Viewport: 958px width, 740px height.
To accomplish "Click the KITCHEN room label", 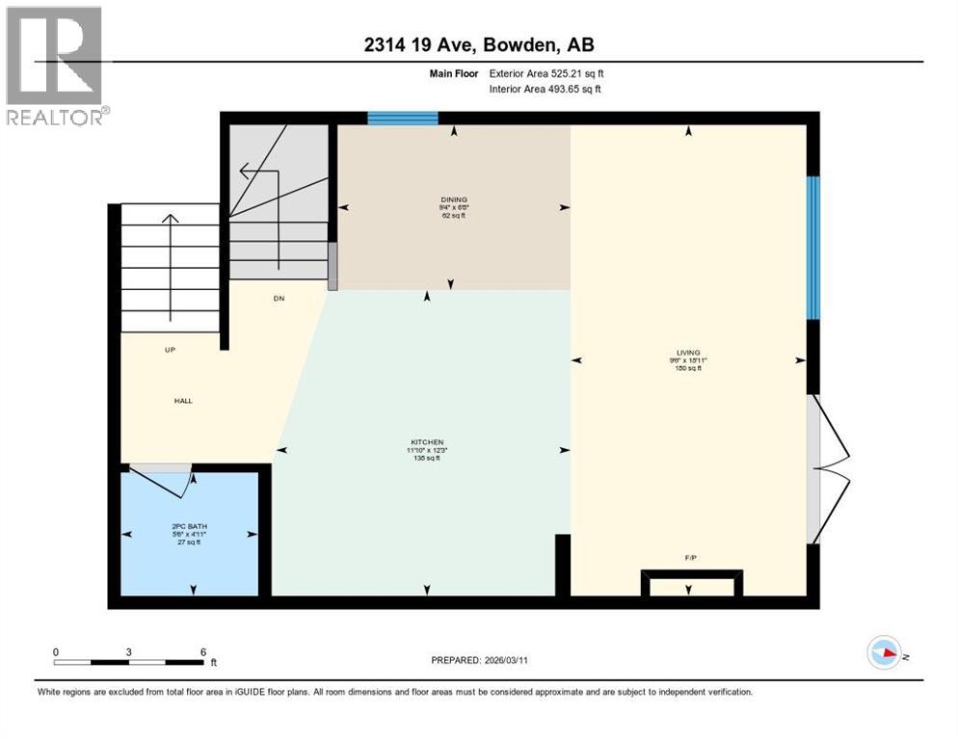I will (x=424, y=442).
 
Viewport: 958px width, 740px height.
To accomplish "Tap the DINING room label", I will (x=453, y=199).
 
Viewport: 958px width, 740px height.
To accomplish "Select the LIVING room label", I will (x=687, y=353).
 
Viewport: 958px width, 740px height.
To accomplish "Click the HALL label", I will (x=183, y=401).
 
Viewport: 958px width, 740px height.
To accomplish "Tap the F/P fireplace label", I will (x=688, y=558).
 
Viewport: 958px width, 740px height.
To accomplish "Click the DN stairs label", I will (x=279, y=299).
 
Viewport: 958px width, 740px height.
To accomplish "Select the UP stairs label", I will (x=170, y=350).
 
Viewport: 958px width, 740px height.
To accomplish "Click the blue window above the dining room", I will (x=403, y=119).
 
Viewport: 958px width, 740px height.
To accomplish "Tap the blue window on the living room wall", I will (x=813, y=248).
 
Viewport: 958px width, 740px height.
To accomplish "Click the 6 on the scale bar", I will (x=203, y=651).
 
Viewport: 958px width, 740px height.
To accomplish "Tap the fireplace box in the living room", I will (x=693, y=584).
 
